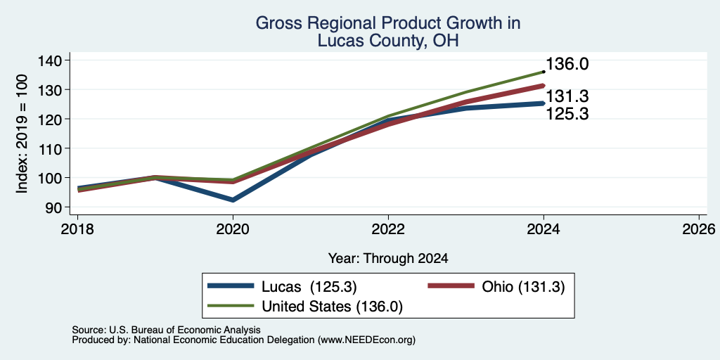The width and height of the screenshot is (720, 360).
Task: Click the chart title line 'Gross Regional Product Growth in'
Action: click(388, 23)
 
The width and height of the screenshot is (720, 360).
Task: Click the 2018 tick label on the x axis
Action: click(77, 229)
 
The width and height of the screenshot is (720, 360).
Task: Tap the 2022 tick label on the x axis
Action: click(388, 229)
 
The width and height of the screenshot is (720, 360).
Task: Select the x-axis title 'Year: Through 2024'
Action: click(388, 259)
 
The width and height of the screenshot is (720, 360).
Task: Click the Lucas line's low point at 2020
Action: click(233, 200)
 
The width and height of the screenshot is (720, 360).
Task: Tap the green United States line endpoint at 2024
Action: click(544, 72)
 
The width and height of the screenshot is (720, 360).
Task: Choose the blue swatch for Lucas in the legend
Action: click(231, 286)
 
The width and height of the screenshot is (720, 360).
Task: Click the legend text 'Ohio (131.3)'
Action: click(523, 287)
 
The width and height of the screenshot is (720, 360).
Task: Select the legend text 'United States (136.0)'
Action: click(333, 307)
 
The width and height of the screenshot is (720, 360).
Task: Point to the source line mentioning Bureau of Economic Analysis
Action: click(166, 330)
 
